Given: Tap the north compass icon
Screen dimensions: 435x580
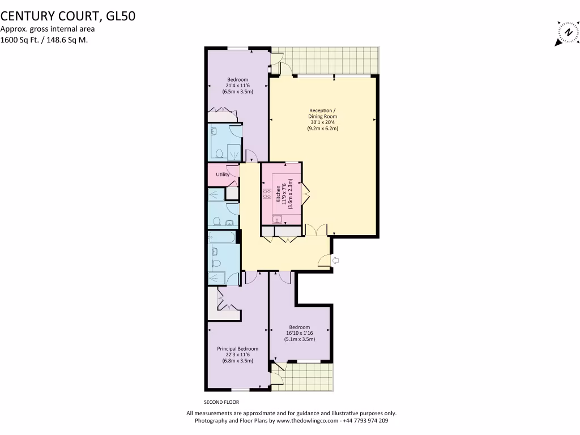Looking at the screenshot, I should tap(566, 33).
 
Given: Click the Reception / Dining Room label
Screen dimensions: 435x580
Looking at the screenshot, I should tap(322, 113).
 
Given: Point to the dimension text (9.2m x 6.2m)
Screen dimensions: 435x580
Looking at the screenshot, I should tap(322, 129).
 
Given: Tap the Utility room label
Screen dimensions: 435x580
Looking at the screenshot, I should tap(223, 174).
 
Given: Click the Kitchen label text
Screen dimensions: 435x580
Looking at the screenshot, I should tap(278, 194).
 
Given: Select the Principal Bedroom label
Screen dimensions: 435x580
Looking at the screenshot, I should tap(237, 349).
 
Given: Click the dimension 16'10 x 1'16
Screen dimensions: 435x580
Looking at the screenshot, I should tap(299, 333).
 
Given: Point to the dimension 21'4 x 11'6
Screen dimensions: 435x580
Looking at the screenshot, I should tap(237, 86).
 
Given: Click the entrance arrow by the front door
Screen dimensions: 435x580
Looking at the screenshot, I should tap(335, 261).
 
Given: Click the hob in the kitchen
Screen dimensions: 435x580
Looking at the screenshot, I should tap(266, 194).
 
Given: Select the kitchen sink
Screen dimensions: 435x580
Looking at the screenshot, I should tap(277, 219).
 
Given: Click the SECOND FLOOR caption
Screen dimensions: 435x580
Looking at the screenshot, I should tap(218, 402).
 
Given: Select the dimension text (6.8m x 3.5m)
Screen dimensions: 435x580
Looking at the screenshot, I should tap(237, 361).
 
